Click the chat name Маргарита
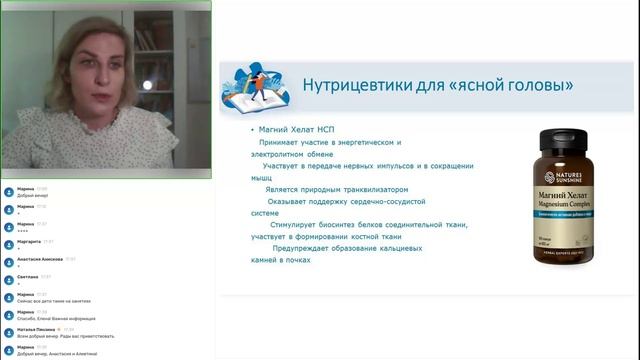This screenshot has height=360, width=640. click(x=29, y=241)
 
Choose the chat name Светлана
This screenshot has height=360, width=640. click(x=27, y=277)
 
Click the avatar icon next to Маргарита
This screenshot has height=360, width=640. click(x=8, y=243)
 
